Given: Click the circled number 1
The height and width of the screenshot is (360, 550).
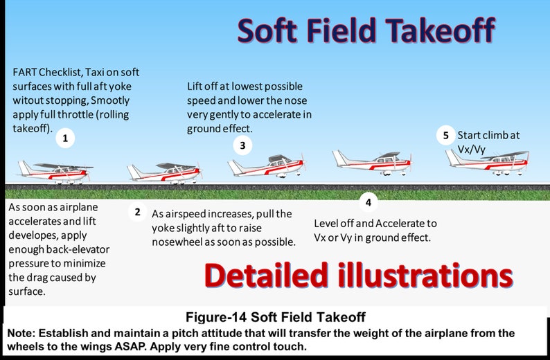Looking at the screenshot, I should (x=65, y=138).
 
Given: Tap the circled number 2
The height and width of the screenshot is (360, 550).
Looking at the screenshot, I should (x=137, y=212).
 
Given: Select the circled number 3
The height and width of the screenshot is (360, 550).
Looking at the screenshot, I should (x=242, y=145).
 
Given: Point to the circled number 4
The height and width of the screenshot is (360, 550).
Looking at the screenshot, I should (x=368, y=202).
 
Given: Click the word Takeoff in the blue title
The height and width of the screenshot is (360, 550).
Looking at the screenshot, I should (x=441, y=30).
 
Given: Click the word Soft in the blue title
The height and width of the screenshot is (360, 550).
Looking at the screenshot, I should (x=269, y=30).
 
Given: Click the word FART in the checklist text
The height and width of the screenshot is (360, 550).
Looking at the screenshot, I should (x=26, y=73).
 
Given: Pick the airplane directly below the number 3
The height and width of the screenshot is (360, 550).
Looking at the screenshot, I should (x=266, y=165).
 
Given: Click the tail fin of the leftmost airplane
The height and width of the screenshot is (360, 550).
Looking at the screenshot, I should (x=25, y=167).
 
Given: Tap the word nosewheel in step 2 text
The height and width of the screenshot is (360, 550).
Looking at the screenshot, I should (x=181, y=242).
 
